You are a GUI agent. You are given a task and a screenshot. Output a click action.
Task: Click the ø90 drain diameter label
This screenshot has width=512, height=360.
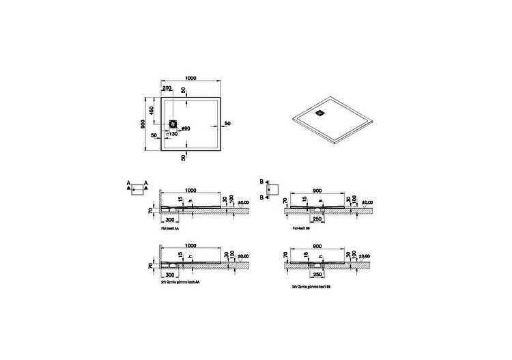(185, 128)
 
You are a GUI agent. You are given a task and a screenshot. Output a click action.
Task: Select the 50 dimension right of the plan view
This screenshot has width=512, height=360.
(227, 123)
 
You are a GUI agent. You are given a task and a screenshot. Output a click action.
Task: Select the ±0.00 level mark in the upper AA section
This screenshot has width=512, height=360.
(243, 202)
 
